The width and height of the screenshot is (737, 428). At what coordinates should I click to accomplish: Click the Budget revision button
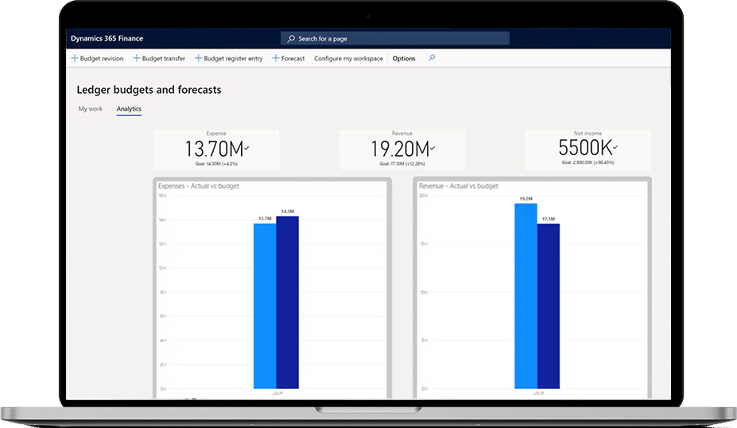98,59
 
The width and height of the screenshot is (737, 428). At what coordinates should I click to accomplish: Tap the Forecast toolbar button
289,59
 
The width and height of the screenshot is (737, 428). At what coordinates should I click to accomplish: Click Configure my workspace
348,59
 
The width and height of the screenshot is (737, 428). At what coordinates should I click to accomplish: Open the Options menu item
404,59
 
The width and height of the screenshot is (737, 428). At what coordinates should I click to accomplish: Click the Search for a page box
395,38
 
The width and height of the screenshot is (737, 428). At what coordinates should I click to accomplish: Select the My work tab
90,109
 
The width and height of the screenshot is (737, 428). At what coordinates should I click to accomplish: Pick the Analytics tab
129,109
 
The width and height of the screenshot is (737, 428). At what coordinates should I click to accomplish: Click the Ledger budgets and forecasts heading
149,90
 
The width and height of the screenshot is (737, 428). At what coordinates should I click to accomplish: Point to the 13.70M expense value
215,149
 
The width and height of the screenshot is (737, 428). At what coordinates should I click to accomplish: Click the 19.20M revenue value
401,149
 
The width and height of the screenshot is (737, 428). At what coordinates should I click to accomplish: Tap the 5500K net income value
586,149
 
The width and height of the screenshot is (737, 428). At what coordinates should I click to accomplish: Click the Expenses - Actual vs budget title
199,186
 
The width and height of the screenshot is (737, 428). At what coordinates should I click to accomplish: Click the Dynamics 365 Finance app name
107,38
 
